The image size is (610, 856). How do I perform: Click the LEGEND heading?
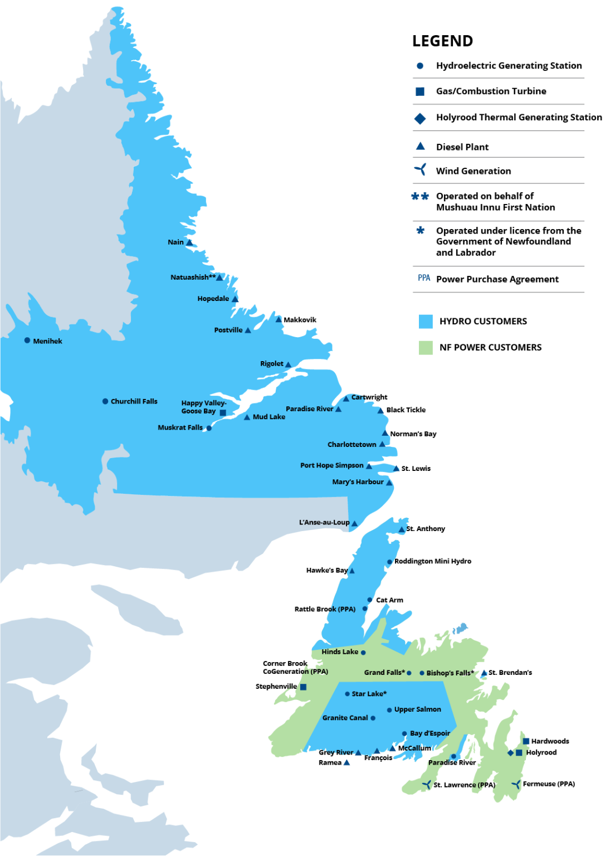(442, 41)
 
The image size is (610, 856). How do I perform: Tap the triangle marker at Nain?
(189, 242)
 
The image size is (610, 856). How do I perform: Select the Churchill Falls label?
(134, 401)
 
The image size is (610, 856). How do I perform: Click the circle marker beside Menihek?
(27, 341)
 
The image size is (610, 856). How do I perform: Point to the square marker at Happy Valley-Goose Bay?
(223, 412)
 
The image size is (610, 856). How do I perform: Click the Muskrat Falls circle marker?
(209, 428)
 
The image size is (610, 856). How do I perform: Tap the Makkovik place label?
(300, 320)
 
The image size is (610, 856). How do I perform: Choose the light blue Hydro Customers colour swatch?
(426, 322)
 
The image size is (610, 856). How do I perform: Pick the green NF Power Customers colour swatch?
(426, 348)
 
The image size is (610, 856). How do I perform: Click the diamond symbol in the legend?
(420, 118)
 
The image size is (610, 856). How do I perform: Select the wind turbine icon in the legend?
(421, 170)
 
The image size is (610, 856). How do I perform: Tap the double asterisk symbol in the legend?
(420, 196)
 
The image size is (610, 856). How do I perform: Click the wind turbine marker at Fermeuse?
(516, 785)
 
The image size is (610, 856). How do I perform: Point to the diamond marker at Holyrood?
(510, 753)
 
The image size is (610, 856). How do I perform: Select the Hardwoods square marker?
(526, 741)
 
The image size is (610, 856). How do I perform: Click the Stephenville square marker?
(304, 687)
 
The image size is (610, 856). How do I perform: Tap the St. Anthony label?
(426, 529)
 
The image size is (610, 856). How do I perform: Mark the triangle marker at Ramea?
(347, 762)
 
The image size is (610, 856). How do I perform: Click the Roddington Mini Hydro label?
(432, 561)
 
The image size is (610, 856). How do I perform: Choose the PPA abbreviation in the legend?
(424, 278)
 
